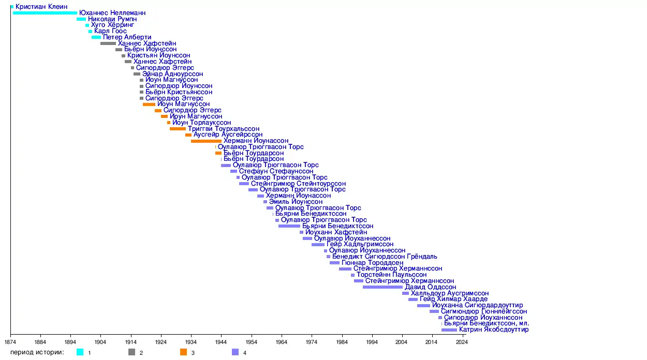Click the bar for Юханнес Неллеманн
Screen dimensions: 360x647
pyautogui.click(x=45, y=12)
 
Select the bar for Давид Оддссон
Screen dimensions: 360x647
pyautogui.click(x=383, y=287)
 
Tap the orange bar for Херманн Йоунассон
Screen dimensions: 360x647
pyautogui.click(x=206, y=141)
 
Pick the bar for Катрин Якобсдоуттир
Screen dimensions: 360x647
pyautogui.click(x=449, y=329)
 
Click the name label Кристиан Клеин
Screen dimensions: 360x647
pyautogui.click(x=41, y=7)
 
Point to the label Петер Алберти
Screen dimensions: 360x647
pyautogui.click(x=127, y=37)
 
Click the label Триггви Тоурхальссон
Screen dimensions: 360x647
pyautogui.click(x=224, y=129)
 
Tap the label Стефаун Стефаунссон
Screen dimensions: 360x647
pyautogui.click(x=276, y=171)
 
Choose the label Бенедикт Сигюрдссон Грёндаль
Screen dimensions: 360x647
pyautogui.click(x=385, y=257)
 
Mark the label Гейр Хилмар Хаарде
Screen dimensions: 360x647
pyautogui.click(x=453, y=299)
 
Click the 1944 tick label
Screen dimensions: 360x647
pyautogui.click(x=221, y=342)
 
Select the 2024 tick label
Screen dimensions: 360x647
pyautogui.click(x=461, y=342)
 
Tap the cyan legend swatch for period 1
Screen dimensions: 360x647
pyautogui.click(x=80, y=353)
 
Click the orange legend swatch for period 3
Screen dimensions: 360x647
pyautogui.click(x=184, y=353)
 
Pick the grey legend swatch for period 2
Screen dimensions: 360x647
pyautogui.click(x=132, y=353)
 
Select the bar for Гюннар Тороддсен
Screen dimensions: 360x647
pyautogui.click(x=334, y=263)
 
